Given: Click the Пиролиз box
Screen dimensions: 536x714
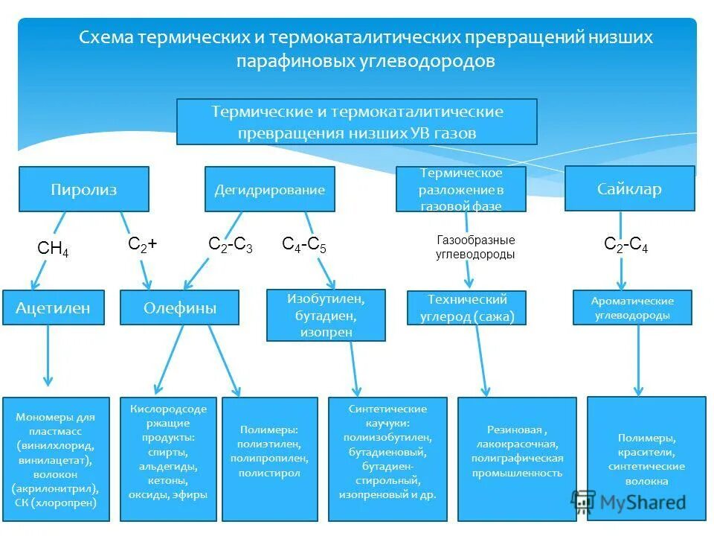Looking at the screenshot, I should point(83,189).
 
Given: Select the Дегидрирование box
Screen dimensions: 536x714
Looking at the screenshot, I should point(269,189).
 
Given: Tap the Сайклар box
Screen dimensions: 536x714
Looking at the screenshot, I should point(629,188).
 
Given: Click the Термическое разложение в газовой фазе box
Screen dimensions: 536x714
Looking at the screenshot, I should point(460,189).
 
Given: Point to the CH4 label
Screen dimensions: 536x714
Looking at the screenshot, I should point(53,249).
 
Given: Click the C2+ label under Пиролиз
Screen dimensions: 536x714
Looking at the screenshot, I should point(142,244).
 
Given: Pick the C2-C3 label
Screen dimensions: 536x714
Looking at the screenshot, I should point(230,246).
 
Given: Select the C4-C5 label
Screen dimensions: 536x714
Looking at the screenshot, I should point(303,244).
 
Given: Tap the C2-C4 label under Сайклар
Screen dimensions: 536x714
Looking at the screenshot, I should point(625,245).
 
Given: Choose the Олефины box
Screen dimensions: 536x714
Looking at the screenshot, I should point(179,307).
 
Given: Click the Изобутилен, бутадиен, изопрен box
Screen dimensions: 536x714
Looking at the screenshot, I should point(326,315).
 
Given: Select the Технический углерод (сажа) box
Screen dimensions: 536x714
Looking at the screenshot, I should point(466,308).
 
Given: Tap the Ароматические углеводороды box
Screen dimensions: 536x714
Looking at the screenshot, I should point(632,307).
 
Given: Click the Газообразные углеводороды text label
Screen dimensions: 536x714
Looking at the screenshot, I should point(475,247).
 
